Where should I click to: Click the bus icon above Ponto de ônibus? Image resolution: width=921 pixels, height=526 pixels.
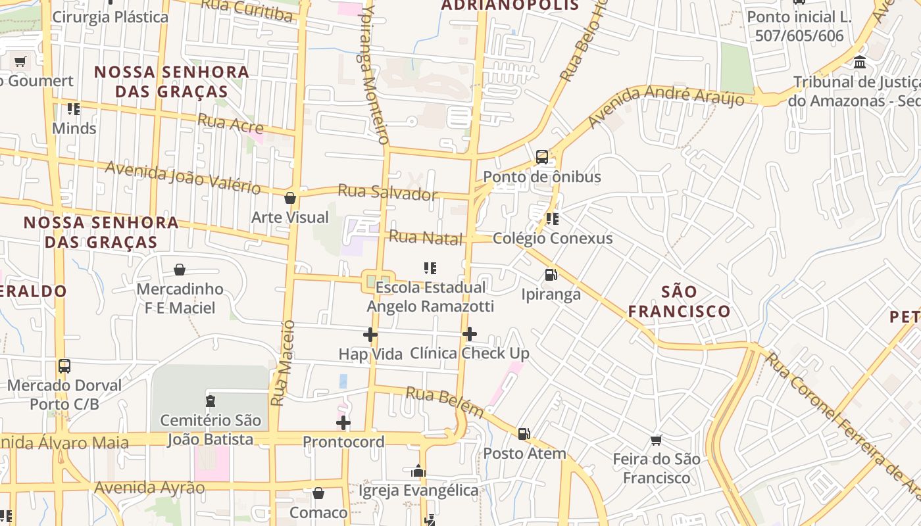point(541,157)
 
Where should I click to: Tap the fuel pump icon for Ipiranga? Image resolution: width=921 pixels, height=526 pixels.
point(551,275)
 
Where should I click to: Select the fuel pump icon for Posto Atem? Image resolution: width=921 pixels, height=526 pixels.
point(524,434)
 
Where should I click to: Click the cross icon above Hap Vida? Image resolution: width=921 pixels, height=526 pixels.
point(370,335)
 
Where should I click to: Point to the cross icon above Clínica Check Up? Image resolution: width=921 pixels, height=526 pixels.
point(469,334)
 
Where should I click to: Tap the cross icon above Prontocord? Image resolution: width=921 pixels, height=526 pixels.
point(343,422)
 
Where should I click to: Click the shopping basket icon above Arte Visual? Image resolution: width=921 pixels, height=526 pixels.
point(289,198)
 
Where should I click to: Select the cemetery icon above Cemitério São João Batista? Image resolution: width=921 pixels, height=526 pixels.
point(211,400)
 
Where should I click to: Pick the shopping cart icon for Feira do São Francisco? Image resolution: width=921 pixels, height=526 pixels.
point(656,440)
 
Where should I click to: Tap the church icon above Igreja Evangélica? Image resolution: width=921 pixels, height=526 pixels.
point(418,471)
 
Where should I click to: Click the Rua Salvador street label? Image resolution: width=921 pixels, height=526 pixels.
point(387,192)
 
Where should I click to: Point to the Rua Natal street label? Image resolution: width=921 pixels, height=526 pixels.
point(426,237)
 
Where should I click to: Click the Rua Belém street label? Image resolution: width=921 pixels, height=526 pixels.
point(445,401)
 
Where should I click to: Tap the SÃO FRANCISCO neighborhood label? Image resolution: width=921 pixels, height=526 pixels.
point(679,301)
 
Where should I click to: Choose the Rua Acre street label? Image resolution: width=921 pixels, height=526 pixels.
point(230,123)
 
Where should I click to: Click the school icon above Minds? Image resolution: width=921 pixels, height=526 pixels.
point(74,109)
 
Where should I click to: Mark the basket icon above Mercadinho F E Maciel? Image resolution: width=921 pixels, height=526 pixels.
point(179,270)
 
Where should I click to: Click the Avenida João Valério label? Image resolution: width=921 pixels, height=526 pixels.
point(183,178)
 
